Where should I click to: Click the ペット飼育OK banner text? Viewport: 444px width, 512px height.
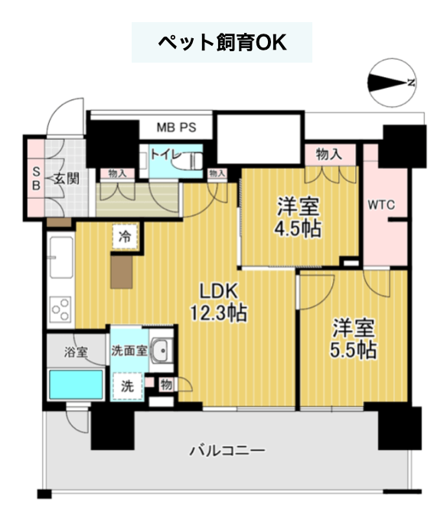[x=222, y=43]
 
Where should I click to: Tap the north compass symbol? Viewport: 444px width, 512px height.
[x=392, y=83]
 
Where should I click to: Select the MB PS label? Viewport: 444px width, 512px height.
[x=176, y=128]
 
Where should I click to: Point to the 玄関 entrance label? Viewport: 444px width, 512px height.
[x=67, y=178]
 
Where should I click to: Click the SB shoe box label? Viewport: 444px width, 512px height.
[x=36, y=178]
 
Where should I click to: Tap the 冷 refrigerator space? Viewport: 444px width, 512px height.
[x=125, y=237]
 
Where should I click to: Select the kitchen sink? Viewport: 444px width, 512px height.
[x=61, y=258]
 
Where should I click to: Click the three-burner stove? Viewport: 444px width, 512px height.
[x=60, y=309]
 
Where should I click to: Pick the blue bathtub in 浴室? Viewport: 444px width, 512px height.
[x=76, y=384]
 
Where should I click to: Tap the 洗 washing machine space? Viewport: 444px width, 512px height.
[x=128, y=386]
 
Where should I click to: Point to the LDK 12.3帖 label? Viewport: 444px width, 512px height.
[x=219, y=302]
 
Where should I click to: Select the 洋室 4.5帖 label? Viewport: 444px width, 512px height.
[x=298, y=217]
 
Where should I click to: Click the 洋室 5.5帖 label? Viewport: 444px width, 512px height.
[x=353, y=339]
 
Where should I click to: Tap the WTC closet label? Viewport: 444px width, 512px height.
[x=381, y=205]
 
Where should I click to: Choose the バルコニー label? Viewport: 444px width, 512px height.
[x=227, y=451]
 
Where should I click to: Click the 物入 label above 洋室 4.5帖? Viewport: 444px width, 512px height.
[x=329, y=154]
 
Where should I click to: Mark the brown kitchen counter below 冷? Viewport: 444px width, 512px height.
[x=122, y=272]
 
